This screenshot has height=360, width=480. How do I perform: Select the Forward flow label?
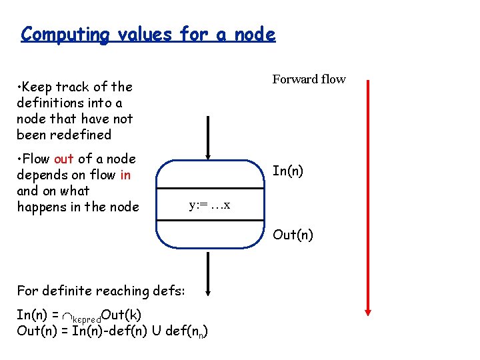pyautogui.click(x=309, y=79)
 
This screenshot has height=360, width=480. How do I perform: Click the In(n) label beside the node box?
pyautogui.click(x=288, y=171)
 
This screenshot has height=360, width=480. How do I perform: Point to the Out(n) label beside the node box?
pyautogui.click(x=293, y=235)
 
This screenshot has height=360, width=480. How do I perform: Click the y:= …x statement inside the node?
pyautogui.click(x=209, y=205)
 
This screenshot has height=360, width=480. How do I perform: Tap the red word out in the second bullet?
pyautogui.click(x=63, y=159)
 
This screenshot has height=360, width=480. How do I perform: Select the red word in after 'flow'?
pyautogui.click(x=125, y=175)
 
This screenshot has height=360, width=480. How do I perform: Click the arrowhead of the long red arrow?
pyautogui.click(x=368, y=311)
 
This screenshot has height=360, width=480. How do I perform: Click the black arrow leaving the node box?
pyautogui.click(x=209, y=273)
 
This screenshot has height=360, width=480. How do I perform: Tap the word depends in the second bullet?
pyautogui.click(x=41, y=175)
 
